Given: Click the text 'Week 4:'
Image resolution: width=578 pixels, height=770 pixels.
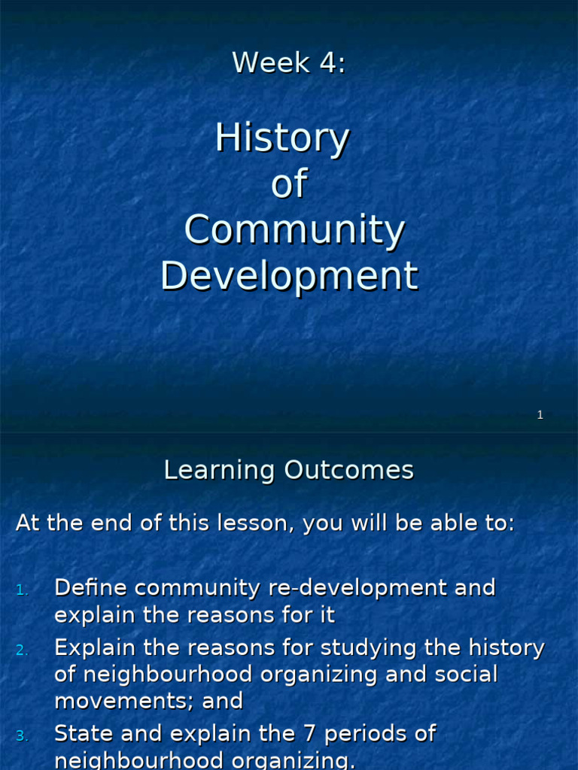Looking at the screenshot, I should [x=289, y=62].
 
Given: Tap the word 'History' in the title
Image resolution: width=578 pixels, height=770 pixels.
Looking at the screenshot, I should [x=282, y=139].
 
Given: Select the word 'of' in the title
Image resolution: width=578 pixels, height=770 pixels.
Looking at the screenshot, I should [x=289, y=185].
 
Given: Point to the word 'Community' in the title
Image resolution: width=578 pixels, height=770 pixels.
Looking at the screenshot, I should [x=294, y=231].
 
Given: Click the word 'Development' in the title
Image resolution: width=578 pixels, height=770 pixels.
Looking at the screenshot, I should [x=289, y=276].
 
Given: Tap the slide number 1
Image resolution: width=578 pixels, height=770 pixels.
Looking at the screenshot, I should [x=540, y=415].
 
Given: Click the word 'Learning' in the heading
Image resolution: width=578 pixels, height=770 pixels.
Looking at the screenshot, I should [x=220, y=471].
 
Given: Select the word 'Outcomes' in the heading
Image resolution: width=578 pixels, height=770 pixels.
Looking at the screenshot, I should [x=348, y=471].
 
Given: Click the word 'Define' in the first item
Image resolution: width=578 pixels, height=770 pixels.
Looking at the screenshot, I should [x=91, y=588].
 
